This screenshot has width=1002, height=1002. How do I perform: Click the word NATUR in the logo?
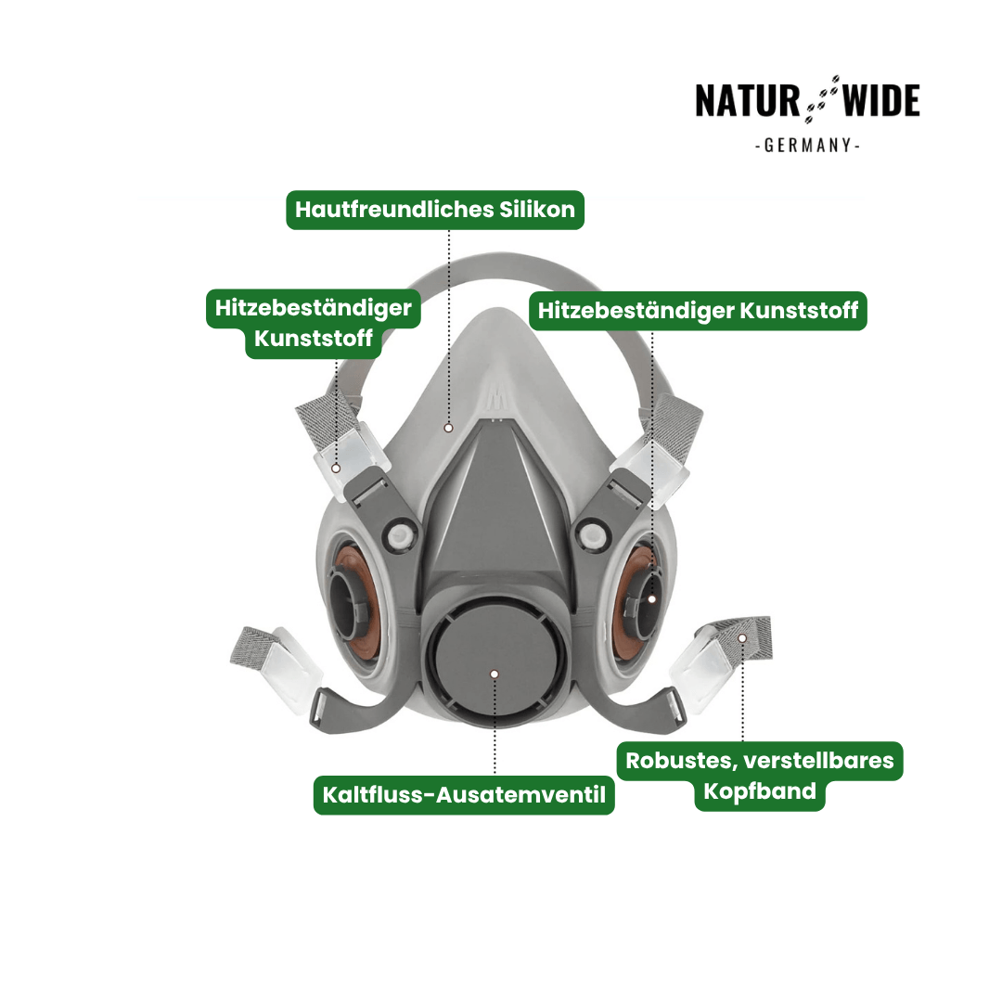(747, 101)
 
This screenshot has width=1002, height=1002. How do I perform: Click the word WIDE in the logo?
(881, 101)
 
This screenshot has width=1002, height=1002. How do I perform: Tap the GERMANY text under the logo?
(808, 146)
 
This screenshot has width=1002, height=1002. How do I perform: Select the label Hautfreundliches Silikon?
(435, 210)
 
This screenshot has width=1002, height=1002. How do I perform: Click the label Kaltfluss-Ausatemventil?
(464, 795)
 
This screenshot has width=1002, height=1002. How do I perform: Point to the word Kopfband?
(760, 791)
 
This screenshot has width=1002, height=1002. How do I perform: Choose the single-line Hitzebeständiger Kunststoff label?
(698, 311)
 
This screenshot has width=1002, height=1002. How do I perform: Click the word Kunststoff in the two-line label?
(314, 338)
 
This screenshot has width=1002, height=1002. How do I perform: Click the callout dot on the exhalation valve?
(494, 674)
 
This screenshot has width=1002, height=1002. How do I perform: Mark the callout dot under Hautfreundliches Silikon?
(449, 428)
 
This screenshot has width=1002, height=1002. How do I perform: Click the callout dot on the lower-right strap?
(742, 637)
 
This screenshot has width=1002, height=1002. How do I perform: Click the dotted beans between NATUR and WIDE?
(821, 99)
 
